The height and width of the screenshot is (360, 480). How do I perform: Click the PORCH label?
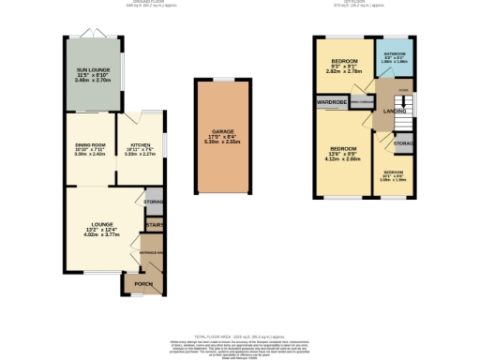click(x=143, y=284)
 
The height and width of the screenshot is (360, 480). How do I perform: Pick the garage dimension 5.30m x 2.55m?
click(x=222, y=142)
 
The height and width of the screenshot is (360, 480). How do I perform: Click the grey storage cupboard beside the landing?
click(x=402, y=143)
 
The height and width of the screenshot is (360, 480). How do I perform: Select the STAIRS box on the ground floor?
click(x=154, y=224)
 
